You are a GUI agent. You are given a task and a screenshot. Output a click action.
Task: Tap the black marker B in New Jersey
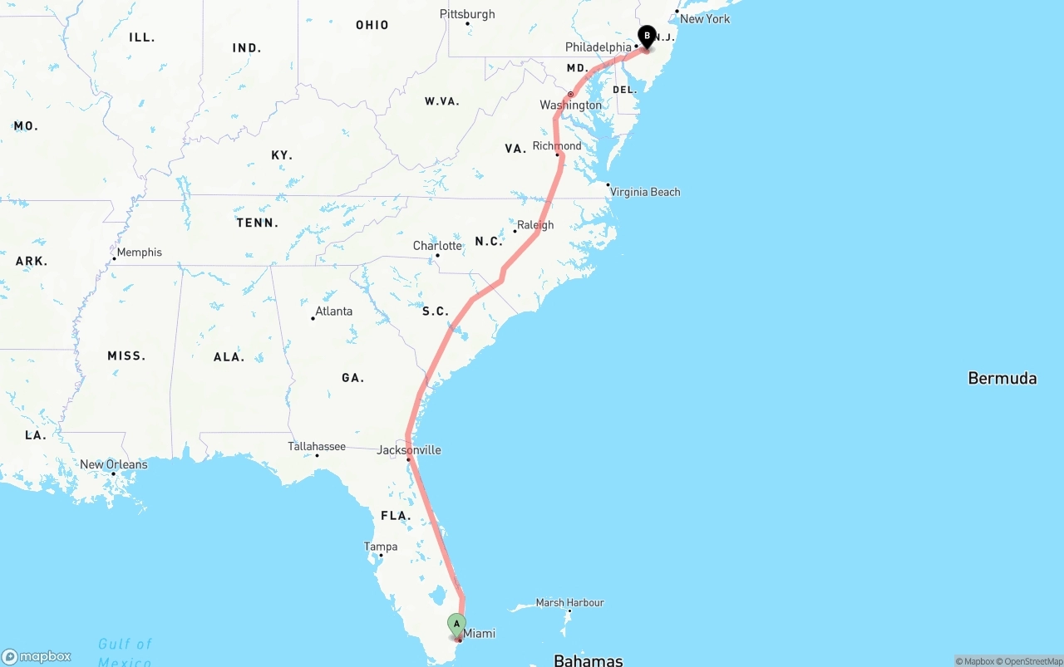coord(647,36)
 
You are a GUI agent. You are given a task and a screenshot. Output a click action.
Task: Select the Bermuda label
coord(1002,379)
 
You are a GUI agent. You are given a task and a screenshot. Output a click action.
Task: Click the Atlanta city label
coord(333,311)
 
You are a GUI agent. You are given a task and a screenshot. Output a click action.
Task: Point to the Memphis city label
coord(139,253)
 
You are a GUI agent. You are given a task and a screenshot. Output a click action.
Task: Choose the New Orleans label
coord(113,464)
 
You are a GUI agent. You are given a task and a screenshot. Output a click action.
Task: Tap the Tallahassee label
coord(317,447)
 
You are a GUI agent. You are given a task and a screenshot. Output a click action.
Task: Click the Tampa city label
coord(381,547)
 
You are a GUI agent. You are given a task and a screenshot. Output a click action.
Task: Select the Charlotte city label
coord(437,246)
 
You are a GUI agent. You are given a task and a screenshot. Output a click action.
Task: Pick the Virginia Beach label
coord(645,192)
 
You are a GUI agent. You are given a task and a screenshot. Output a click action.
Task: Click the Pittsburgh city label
coord(467,14)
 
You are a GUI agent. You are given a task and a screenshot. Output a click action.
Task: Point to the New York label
coord(704,18)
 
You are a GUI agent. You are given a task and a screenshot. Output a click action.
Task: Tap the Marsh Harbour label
coord(569,602)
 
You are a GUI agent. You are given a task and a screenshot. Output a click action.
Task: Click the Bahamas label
coord(588,660)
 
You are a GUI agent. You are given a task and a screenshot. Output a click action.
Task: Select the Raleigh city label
coord(534,225)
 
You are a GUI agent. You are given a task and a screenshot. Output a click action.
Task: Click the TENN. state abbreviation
coord(258,223)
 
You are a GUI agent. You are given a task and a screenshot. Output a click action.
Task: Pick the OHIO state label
coord(372,25)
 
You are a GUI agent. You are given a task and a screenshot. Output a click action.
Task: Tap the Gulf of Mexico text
coord(125,652)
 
